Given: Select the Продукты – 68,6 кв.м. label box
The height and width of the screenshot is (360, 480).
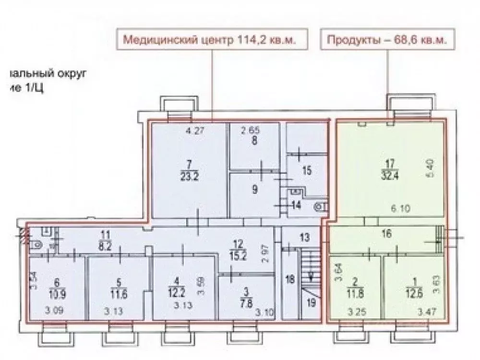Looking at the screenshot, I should pyautogui.click(x=387, y=40).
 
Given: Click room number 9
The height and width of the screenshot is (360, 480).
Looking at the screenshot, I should pyautogui.click(x=254, y=189).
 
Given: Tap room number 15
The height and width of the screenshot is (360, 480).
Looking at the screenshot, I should pyautogui.click(x=308, y=170).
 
